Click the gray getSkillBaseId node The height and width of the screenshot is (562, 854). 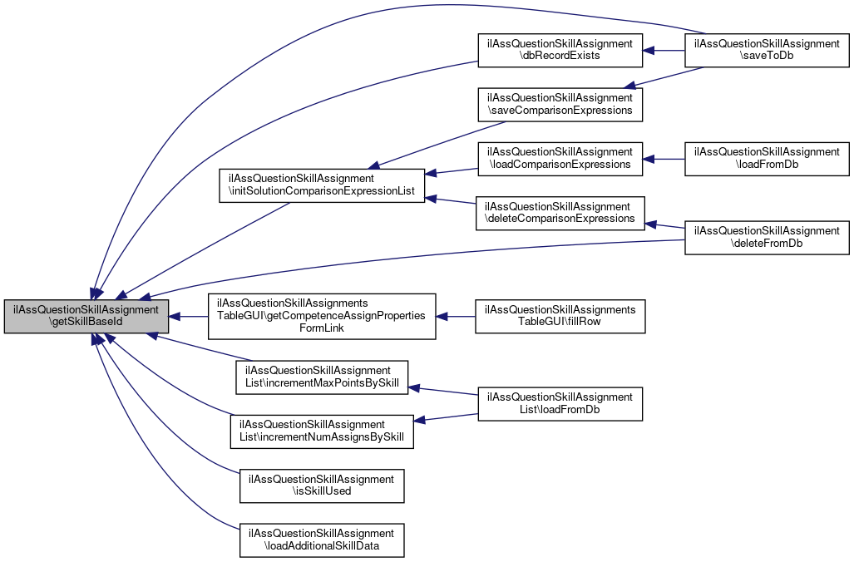[86, 316]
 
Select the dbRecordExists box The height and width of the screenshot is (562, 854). [560, 50]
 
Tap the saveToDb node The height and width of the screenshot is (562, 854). [766, 50]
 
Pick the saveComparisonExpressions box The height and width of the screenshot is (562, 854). [560, 104]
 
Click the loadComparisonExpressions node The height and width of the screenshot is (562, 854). [560, 158]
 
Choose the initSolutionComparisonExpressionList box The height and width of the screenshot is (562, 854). [321, 185]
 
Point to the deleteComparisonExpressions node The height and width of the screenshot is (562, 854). [560, 212]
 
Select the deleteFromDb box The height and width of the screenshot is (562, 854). [766, 237]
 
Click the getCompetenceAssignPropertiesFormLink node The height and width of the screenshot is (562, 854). [321, 316]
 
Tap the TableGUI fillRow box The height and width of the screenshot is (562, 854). [560, 316]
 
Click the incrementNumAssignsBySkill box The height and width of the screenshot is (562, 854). [321, 431]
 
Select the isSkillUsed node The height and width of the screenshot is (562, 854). [321, 485]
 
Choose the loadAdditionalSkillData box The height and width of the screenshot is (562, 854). [321, 539]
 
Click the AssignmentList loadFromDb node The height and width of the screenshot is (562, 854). [560, 403]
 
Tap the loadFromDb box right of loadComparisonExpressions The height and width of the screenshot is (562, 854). [766, 158]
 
